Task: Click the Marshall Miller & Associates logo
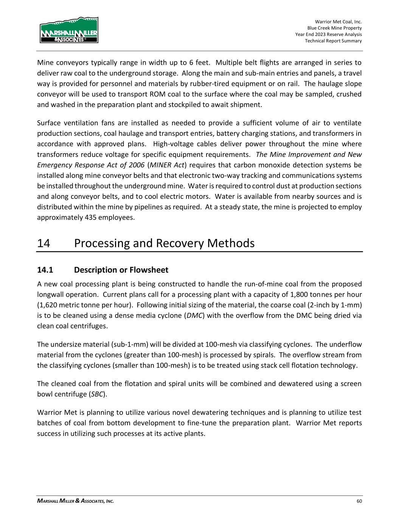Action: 69,30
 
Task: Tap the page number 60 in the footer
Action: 359,501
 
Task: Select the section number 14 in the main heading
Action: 44,243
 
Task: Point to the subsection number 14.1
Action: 45,270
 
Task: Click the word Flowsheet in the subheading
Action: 149,270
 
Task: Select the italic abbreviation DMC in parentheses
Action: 194,316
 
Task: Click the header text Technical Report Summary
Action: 333,41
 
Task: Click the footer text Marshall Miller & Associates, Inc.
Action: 75,501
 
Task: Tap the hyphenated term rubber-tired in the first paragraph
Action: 233,84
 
